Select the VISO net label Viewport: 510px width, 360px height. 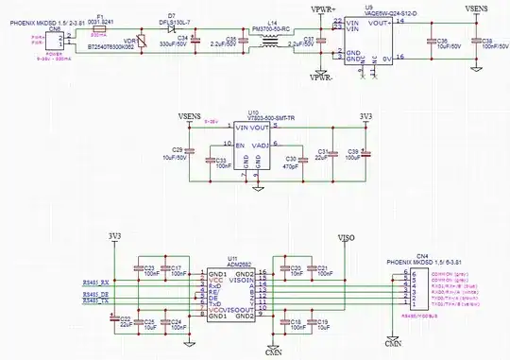(346, 240)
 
